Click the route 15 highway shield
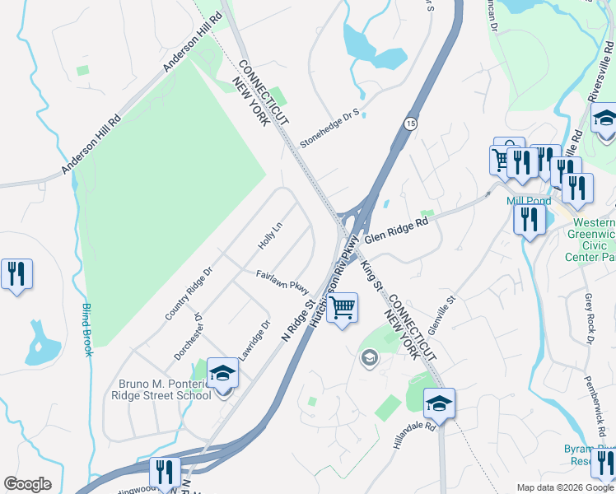coord(409,123)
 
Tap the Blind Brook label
coord(86,330)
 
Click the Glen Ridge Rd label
coord(398,228)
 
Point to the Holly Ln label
coord(270,238)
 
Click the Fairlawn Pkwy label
coord(282,282)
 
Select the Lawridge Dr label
coord(254,340)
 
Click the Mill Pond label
coord(528,201)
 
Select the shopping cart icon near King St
coord(343,309)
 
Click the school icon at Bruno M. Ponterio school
coord(222,374)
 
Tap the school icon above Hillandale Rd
coord(439,404)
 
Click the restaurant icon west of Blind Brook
coord(16,274)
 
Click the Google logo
coord(27,484)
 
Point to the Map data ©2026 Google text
coord(564,487)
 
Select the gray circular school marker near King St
coord(370,357)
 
